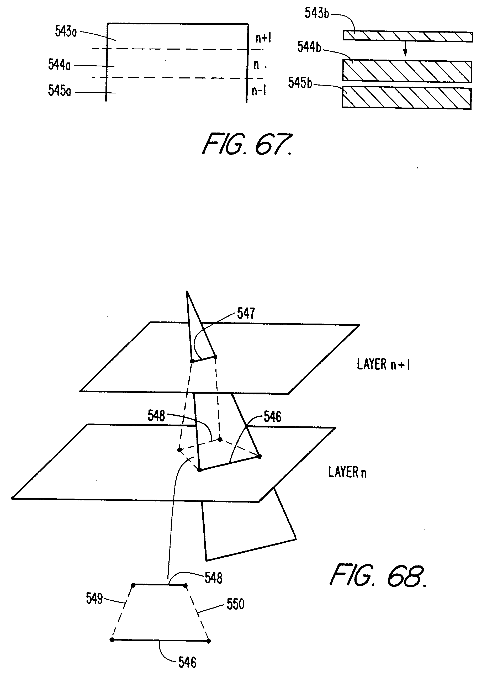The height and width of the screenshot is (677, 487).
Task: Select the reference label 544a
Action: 59,65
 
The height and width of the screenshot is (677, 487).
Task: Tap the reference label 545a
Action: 60,91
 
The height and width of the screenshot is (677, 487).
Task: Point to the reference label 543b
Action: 317,13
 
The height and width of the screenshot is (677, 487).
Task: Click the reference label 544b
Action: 309,47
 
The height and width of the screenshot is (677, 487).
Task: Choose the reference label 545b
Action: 300,83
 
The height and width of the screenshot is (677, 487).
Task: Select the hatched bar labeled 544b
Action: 407,71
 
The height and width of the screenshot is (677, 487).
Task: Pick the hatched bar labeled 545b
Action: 406,98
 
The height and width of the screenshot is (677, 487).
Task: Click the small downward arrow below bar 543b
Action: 405,49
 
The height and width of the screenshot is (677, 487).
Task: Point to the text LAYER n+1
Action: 383,364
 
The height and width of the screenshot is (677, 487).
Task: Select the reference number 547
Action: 246,313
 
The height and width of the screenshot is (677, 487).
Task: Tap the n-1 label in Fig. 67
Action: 258,91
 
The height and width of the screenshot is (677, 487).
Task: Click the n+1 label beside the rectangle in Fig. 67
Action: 263,38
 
